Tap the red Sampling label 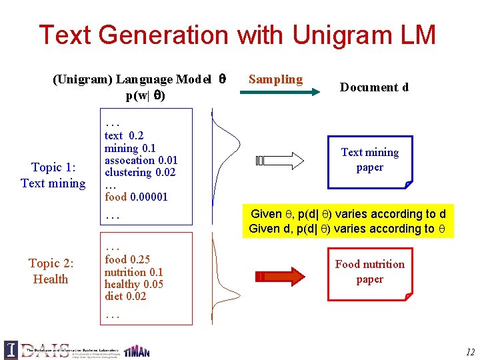tap(275, 79)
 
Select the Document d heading tap(374, 87)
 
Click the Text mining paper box tap(370, 160)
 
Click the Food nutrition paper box tap(369, 271)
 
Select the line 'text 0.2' tap(123, 135)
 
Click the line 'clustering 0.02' tap(139, 172)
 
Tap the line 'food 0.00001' tap(136, 197)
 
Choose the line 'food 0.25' tap(127, 260)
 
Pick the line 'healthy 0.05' tap(133, 284)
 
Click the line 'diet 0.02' tap(125, 296)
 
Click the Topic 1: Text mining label tap(53, 175)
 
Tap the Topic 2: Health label tap(51, 271)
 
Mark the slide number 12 tap(470, 352)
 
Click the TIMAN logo tap(137, 350)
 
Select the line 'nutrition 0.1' tap(133, 272)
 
